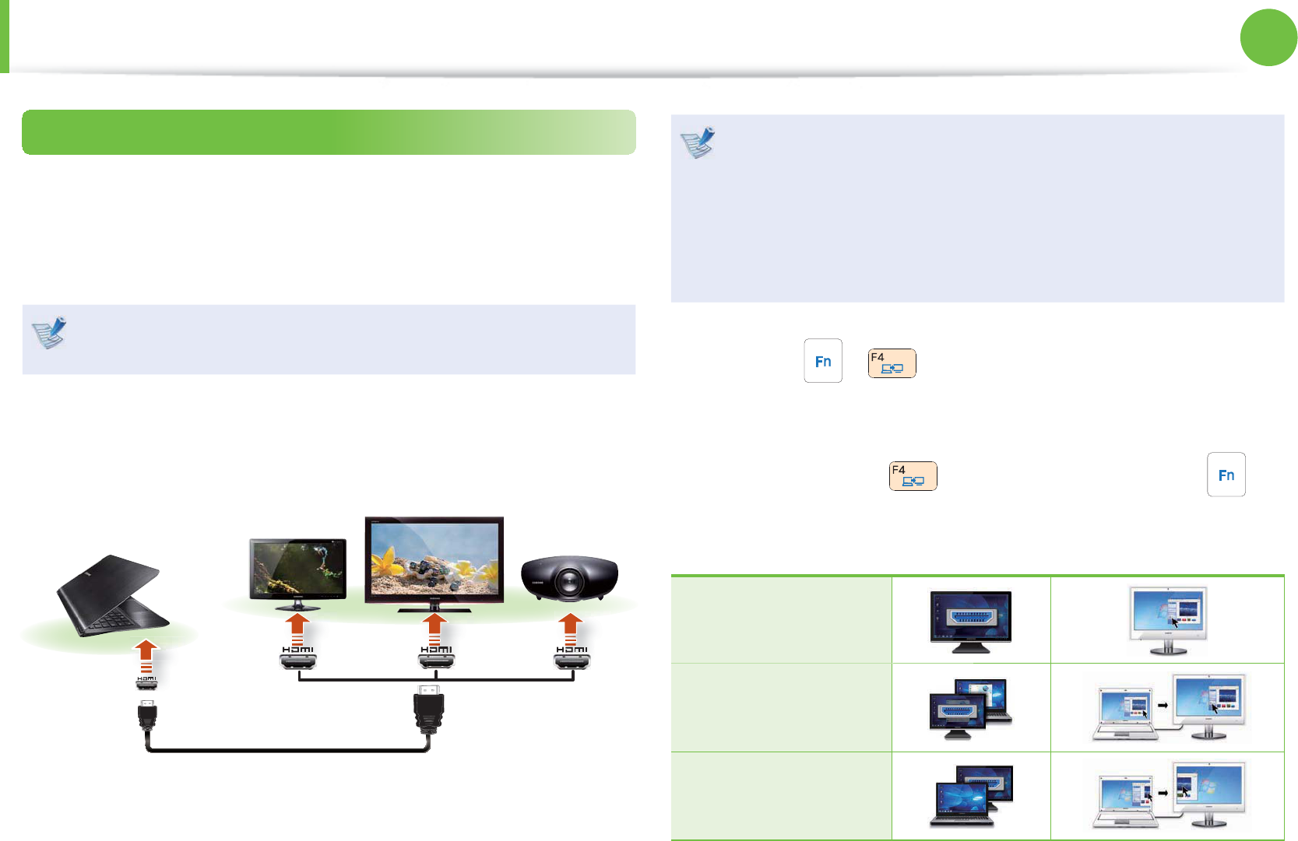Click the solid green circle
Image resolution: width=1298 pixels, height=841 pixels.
point(1268,37)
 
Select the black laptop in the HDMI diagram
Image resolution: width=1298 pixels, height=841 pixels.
point(113,596)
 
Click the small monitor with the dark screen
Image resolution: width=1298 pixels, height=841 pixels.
point(297,570)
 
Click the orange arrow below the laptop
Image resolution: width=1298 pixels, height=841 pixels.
point(146,657)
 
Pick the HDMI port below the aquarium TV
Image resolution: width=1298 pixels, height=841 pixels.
point(436,662)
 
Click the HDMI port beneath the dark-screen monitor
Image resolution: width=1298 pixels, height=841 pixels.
point(298,662)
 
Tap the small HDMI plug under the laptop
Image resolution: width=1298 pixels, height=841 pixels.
point(147,716)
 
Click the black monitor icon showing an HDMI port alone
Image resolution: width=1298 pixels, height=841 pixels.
point(970,620)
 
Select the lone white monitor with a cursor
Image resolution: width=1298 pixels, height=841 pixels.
point(1168,620)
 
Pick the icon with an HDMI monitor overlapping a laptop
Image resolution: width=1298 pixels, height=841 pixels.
point(970,709)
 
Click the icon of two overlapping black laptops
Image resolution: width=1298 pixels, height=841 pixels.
point(970,796)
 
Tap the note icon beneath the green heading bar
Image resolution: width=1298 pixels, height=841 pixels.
point(49,333)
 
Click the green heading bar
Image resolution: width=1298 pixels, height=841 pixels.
point(329,132)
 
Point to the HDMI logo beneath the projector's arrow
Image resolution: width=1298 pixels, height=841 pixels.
point(572,650)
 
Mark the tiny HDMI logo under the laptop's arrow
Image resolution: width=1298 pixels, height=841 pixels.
point(146,679)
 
